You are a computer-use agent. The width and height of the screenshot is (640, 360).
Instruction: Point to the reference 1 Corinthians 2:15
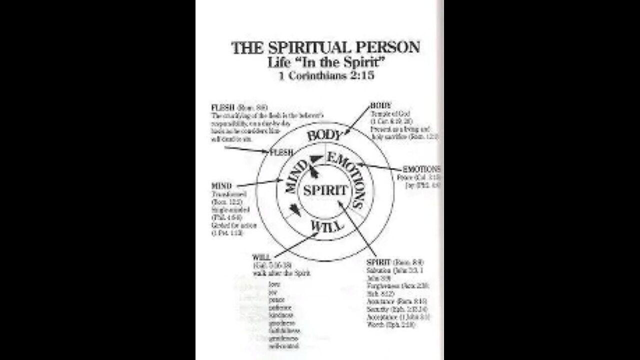tap(325, 77)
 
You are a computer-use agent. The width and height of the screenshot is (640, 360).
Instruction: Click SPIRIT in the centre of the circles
tap(325, 190)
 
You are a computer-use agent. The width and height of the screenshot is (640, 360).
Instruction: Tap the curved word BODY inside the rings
tap(323, 135)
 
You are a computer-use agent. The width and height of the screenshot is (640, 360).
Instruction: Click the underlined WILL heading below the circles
tap(261, 257)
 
